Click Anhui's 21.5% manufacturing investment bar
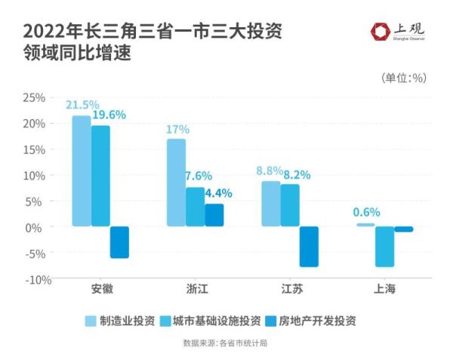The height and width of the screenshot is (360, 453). (82, 171)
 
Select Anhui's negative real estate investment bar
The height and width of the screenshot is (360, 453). (119, 242)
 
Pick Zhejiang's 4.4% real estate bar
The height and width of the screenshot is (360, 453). (214, 215)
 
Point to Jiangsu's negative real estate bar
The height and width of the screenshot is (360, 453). (309, 247)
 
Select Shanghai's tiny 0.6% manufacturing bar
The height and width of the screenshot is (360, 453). (365, 225)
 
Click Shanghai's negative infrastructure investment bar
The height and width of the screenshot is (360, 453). (385, 247)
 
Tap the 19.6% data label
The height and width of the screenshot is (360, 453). (109, 115)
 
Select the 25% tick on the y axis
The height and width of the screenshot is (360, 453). (35, 97)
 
